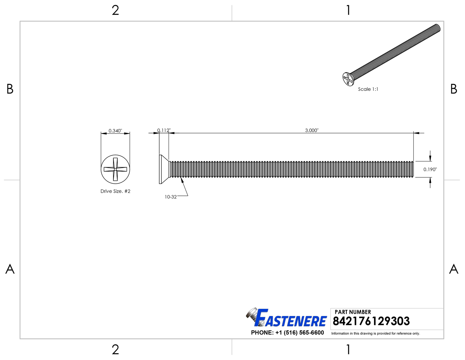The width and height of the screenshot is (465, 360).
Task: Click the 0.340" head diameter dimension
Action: (x=115, y=130)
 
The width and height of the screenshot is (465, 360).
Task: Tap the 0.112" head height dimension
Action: (x=164, y=130)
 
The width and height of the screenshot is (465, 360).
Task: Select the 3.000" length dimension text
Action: (x=312, y=130)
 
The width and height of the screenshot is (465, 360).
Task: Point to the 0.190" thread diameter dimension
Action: (x=430, y=169)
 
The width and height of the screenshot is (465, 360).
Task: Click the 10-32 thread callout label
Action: (x=171, y=197)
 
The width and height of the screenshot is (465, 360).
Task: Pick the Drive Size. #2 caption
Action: (x=115, y=191)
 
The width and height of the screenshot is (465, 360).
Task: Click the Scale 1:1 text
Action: (x=368, y=89)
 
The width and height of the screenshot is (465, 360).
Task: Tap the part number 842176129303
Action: (x=371, y=321)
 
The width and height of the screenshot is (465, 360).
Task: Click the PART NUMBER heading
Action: (x=353, y=312)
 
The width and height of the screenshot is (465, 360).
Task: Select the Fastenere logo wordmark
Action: (x=291, y=318)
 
